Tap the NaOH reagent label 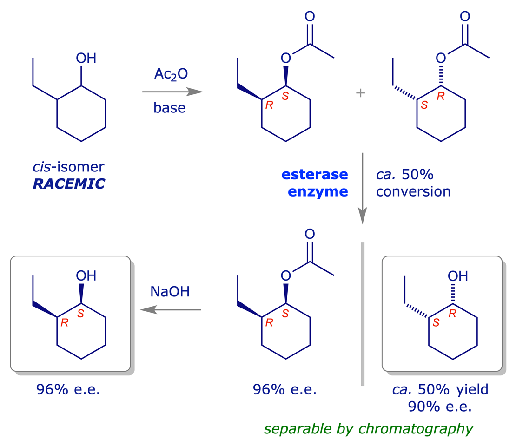pyautogui.click(x=170, y=292)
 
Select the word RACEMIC pyautogui.click(x=69, y=184)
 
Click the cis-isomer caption pyautogui.click(x=69, y=166)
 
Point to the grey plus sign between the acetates pyautogui.click(x=361, y=93)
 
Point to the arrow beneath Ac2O pyautogui.click(x=172, y=92)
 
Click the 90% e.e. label pyautogui.click(x=440, y=407)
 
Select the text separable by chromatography pyautogui.click(x=369, y=428)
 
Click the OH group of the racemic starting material pyautogui.click(x=86, y=59)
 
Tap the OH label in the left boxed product pyautogui.click(x=86, y=276)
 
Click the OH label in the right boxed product pyautogui.click(x=458, y=276)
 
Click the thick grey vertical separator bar pyautogui.click(x=363, y=314)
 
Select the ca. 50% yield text pyautogui.click(x=440, y=389)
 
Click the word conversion pyautogui.click(x=413, y=191)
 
